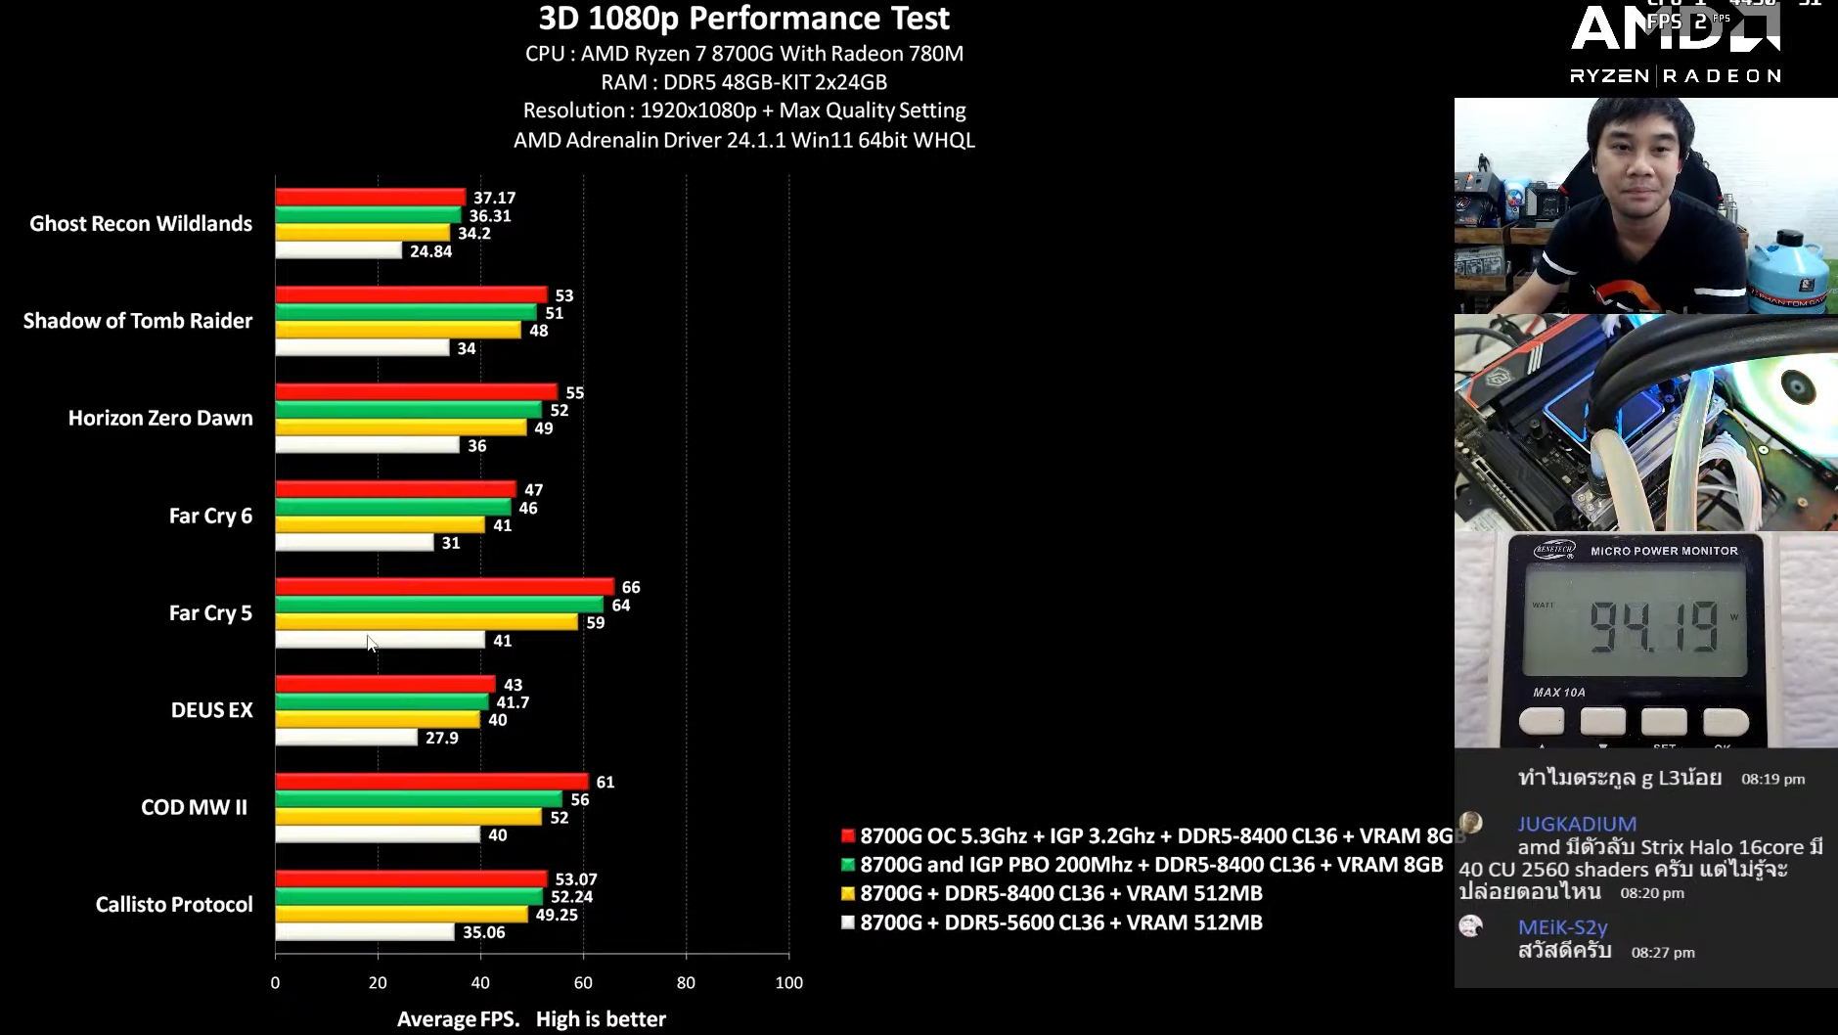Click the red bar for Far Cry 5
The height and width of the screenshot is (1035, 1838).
coord(444,587)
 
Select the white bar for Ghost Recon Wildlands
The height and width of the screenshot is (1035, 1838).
coord(338,251)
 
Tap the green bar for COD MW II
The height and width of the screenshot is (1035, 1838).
coord(419,799)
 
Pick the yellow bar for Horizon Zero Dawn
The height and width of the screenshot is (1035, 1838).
coord(401,427)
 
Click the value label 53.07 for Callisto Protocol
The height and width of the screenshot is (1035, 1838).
coord(575,879)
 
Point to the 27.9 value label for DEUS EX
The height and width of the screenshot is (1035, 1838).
coord(441,738)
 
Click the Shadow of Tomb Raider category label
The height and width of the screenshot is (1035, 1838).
coord(138,321)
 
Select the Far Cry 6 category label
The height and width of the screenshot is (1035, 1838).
coord(210,516)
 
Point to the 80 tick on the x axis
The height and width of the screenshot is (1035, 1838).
coord(686,982)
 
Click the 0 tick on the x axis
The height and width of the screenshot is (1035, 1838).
coord(275,982)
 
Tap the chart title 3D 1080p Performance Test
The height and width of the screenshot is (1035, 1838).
coord(743,19)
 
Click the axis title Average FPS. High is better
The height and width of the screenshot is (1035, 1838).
coord(531,1019)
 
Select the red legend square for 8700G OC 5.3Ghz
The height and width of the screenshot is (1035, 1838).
coord(848,835)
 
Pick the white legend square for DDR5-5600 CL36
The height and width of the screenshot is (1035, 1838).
coord(848,922)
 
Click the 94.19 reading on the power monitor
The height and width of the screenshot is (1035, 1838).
coord(1653,627)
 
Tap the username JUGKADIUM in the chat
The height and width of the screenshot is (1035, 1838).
coord(1577,824)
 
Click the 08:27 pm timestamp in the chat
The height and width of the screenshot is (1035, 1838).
coord(1663,952)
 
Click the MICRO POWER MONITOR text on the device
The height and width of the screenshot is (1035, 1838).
coord(1664,551)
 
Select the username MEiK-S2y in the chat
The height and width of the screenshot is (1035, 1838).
coord(1562,926)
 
